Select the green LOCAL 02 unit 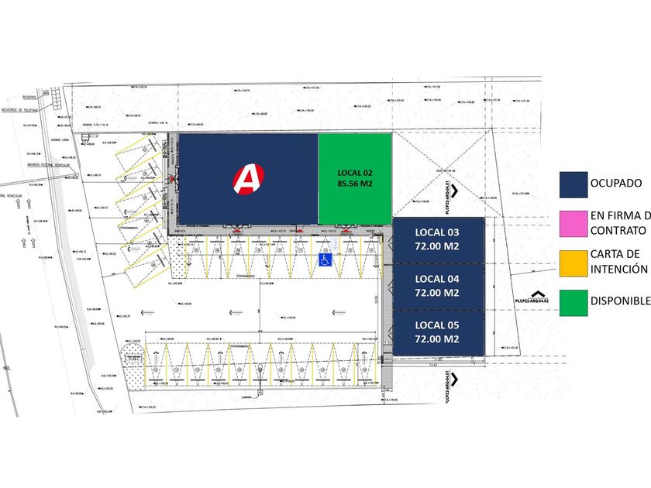pos(355,179)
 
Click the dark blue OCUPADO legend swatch pos(572,184)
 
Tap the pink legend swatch pos(572,223)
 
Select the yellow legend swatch pos(572,262)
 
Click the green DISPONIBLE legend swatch pos(572,301)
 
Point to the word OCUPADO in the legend pos(615,184)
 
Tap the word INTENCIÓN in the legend pos(618,270)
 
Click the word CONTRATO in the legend pos(618,231)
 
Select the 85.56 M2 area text pos(355,185)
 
